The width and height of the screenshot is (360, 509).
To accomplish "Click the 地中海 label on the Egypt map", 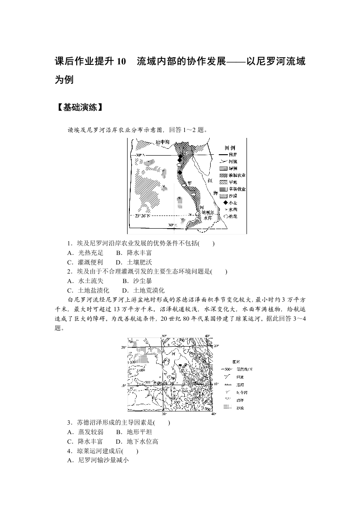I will pos(163,142).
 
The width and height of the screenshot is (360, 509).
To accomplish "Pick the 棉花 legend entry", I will pos(233,217).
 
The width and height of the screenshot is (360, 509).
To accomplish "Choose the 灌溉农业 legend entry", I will pos(237,175).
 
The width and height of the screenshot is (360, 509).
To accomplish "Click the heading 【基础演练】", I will pos(78,108).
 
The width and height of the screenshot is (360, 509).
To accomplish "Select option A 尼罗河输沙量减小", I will pos(98,460).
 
